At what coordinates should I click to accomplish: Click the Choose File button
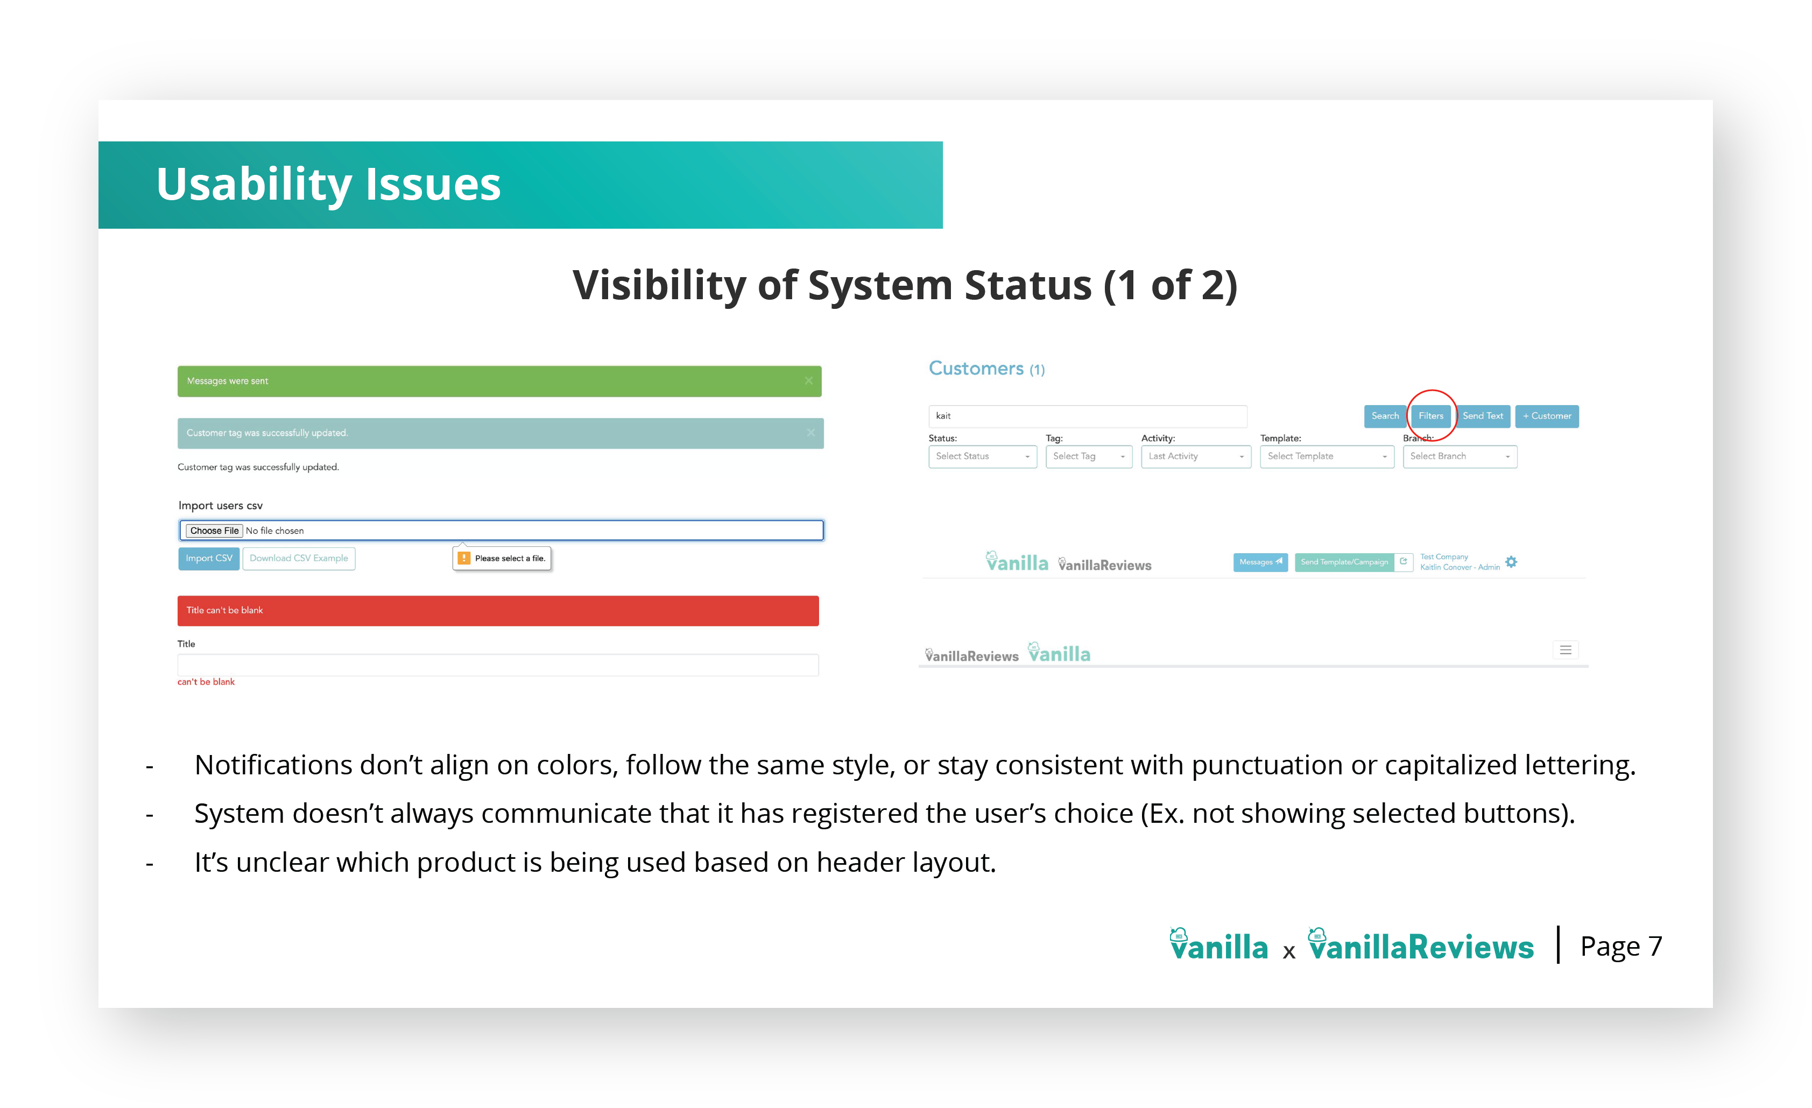[x=214, y=531]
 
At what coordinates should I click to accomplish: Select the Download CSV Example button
[x=299, y=559]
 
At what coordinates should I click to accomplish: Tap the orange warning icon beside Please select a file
[x=464, y=559]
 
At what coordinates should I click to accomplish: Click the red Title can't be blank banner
[x=498, y=611]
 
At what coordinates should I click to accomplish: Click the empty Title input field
[x=498, y=665]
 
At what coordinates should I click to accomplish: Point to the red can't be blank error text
[x=206, y=682]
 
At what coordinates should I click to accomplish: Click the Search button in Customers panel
[x=1385, y=416]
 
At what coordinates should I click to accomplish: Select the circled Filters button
[x=1430, y=416]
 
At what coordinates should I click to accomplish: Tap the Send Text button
[x=1483, y=416]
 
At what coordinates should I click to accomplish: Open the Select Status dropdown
[x=983, y=456]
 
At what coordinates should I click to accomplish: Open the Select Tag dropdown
[x=1088, y=456]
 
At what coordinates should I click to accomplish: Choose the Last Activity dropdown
[x=1196, y=456]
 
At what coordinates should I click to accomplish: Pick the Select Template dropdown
[x=1327, y=456]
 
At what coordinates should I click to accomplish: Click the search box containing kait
[x=1088, y=416]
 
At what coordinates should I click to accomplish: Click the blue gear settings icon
[x=1511, y=562]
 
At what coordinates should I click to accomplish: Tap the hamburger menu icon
[x=1566, y=650]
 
